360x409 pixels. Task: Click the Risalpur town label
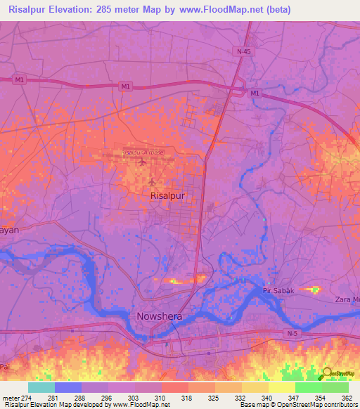(x=168, y=197)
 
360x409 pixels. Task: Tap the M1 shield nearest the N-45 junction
(x=255, y=93)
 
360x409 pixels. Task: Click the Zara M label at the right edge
(x=347, y=299)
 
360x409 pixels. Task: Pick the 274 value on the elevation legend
(x=28, y=398)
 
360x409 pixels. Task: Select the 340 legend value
(x=268, y=398)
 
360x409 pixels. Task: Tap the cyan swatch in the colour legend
(x=41, y=387)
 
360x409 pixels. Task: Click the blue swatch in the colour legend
(x=68, y=387)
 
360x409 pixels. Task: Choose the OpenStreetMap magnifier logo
(x=328, y=374)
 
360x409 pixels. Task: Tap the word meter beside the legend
(x=11, y=398)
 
